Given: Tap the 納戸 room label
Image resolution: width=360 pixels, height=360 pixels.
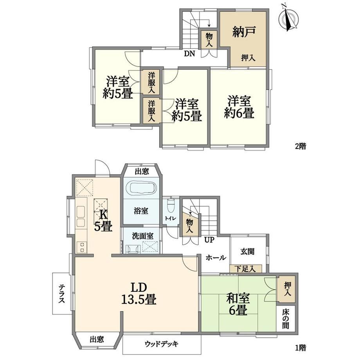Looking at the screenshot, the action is [x=244, y=32].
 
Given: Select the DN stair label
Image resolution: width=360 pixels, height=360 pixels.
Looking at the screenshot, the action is [x=190, y=54].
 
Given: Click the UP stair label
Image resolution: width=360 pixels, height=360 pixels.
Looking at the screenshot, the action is [x=209, y=240].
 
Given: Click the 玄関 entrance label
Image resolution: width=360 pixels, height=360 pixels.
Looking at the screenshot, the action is [x=247, y=251].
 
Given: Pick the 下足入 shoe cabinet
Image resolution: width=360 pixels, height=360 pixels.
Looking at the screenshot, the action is [x=246, y=269].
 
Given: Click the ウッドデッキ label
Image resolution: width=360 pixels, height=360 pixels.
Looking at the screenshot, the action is [x=162, y=344].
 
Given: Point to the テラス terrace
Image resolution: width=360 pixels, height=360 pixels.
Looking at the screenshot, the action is [x=61, y=293].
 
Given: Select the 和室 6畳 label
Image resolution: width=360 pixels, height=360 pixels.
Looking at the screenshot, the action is [x=238, y=304].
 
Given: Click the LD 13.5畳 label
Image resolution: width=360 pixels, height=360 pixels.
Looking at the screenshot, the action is [x=139, y=293].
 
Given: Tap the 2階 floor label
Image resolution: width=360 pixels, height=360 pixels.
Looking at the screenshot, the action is [x=301, y=146].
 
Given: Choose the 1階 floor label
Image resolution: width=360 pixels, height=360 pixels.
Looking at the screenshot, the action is [x=301, y=348].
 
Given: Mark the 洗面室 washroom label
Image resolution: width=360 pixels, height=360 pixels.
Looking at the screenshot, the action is [x=142, y=236].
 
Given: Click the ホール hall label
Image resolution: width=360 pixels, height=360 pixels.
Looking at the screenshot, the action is [x=216, y=257].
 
